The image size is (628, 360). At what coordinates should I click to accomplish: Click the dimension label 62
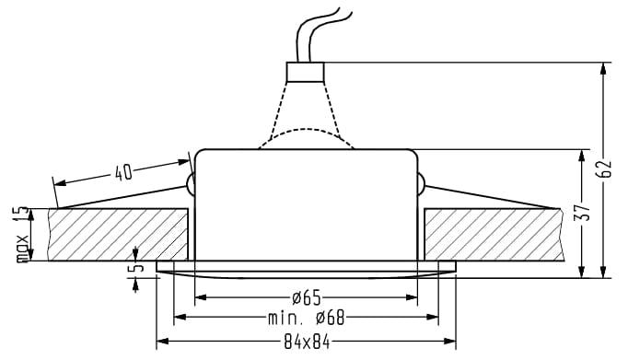click(x=605, y=169)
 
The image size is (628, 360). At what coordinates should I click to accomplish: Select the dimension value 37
click(x=583, y=213)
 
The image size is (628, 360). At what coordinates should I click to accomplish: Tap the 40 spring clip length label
click(x=123, y=172)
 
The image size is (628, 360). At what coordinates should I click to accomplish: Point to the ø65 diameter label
click(x=307, y=297)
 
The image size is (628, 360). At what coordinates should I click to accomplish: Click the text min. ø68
click(x=306, y=318)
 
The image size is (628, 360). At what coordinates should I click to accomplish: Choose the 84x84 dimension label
click(x=307, y=343)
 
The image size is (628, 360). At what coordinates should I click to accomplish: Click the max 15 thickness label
click(x=22, y=234)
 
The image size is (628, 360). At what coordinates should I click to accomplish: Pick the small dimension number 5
click(x=137, y=266)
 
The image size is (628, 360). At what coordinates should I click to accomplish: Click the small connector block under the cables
click(x=305, y=72)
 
